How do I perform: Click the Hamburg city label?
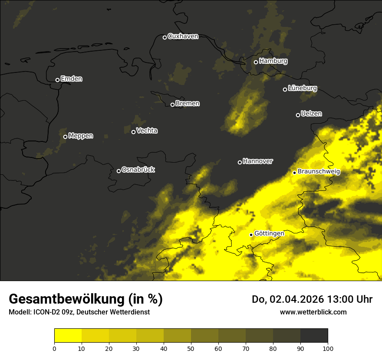(x=273, y=61)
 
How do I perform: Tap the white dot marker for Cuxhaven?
(x=165, y=37)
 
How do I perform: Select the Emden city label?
(x=71, y=79)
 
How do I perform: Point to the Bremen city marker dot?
(x=172, y=105)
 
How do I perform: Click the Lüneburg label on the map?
(x=302, y=88)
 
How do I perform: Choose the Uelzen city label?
(x=311, y=114)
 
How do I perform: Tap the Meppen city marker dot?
(x=65, y=137)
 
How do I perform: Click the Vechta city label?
(x=147, y=131)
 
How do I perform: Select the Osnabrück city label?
(x=138, y=170)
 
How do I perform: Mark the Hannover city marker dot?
(x=240, y=162)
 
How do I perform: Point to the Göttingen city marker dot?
(x=251, y=235)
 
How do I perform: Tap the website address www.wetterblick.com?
(x=313, y=312)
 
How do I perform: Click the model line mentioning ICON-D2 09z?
(x=79, y=312)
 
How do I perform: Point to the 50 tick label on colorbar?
(x=191, y=348)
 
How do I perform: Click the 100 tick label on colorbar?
(x=328, y=348)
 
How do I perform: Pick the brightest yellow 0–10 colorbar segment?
(x=68, y=336)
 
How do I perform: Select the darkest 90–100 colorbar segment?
(x=314, y=336)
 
